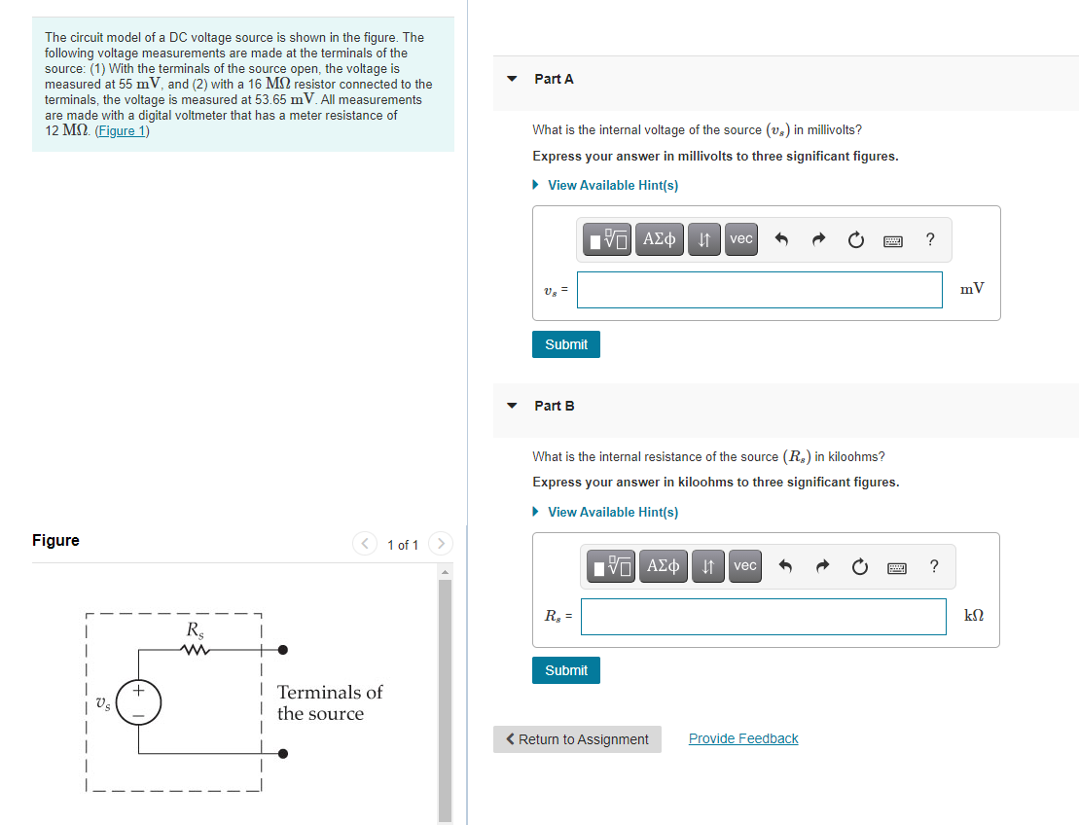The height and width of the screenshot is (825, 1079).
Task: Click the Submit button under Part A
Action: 565,344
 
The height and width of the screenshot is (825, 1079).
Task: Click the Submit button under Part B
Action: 565,670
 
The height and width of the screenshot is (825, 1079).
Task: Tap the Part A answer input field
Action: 759,289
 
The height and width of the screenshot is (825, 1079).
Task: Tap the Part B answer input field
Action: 763,616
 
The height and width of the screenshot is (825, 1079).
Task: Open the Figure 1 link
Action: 122,131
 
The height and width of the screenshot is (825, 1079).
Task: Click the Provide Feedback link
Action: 742,738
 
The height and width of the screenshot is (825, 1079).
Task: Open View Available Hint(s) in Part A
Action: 612,185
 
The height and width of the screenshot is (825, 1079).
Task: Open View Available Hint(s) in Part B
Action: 612,512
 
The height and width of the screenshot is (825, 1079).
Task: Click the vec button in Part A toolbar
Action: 741,239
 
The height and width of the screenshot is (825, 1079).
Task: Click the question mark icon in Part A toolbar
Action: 930,239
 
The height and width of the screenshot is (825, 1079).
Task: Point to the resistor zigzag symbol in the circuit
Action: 197,650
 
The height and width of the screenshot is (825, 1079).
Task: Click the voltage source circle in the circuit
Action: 138,702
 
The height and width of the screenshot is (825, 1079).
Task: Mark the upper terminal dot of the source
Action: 282,650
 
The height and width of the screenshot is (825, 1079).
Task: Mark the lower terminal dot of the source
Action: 282,753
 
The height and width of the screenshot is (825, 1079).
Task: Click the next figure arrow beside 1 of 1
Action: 441,543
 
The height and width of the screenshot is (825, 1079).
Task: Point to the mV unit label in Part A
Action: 971,288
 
